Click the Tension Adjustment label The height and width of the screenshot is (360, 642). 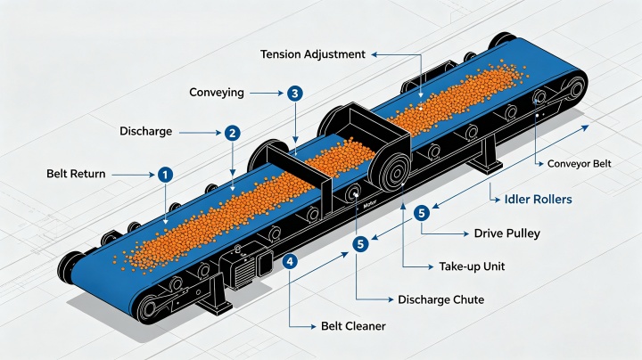coord(313,54)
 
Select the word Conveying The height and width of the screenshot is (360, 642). coord(217,93)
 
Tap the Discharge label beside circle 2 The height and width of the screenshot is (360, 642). coord(145,131)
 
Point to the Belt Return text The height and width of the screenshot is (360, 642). coord(76,174)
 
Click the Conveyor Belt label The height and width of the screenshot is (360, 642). coord(579,164)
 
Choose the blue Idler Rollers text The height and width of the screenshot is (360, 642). coord(538,200)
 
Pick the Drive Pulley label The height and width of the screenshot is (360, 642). coord(506,233)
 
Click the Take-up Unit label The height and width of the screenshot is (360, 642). coord(472,266)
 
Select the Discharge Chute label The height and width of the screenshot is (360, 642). coord(441,300)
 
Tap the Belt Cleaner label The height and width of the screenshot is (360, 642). coord(353,326)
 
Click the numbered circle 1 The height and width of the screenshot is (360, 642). coord(165,175)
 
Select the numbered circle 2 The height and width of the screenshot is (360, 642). coord(233,133)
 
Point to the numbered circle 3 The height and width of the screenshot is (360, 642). coord(295,94)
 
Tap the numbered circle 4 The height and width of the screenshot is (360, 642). coord(290,261)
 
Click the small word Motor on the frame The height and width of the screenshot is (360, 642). coord(369,206)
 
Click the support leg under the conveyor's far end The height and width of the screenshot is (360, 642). coord(487,157)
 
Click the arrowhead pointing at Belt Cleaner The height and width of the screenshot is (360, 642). coord(313,326)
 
